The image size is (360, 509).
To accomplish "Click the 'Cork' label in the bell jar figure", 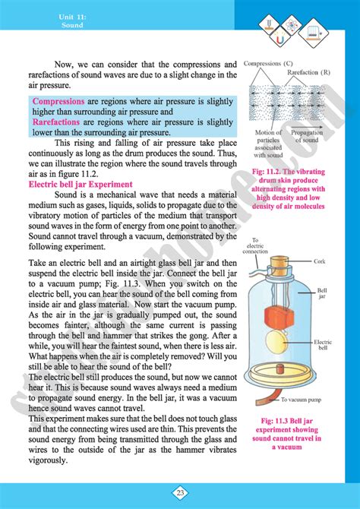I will tap(320, 261).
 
